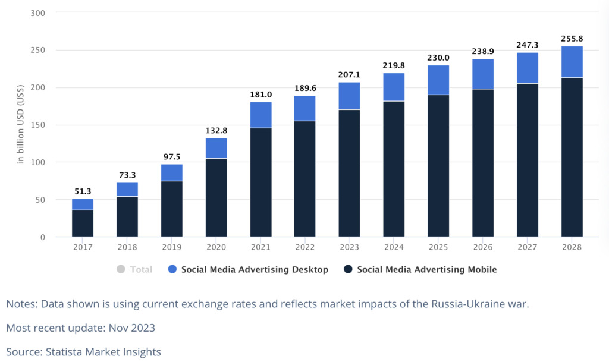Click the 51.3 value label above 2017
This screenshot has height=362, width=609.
[x=83, y=191]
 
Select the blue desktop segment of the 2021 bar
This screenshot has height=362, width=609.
[x=261, y=115]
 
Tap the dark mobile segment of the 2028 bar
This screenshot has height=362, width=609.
[x=572, y=158]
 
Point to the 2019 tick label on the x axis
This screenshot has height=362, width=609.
[x=172, y=247]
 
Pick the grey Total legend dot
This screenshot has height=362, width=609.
[x=121, y=269]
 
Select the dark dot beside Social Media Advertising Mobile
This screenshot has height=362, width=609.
[x=348, y=269]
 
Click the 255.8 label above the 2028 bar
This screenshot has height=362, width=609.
[x=572, y=39]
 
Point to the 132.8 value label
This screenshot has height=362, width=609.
[x=216, y=131]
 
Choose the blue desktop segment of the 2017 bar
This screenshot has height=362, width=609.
[x=83, y=204]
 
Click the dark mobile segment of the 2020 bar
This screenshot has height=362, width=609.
[x=216, y=197]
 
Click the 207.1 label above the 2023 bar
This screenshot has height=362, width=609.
[x=350, y=75]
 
